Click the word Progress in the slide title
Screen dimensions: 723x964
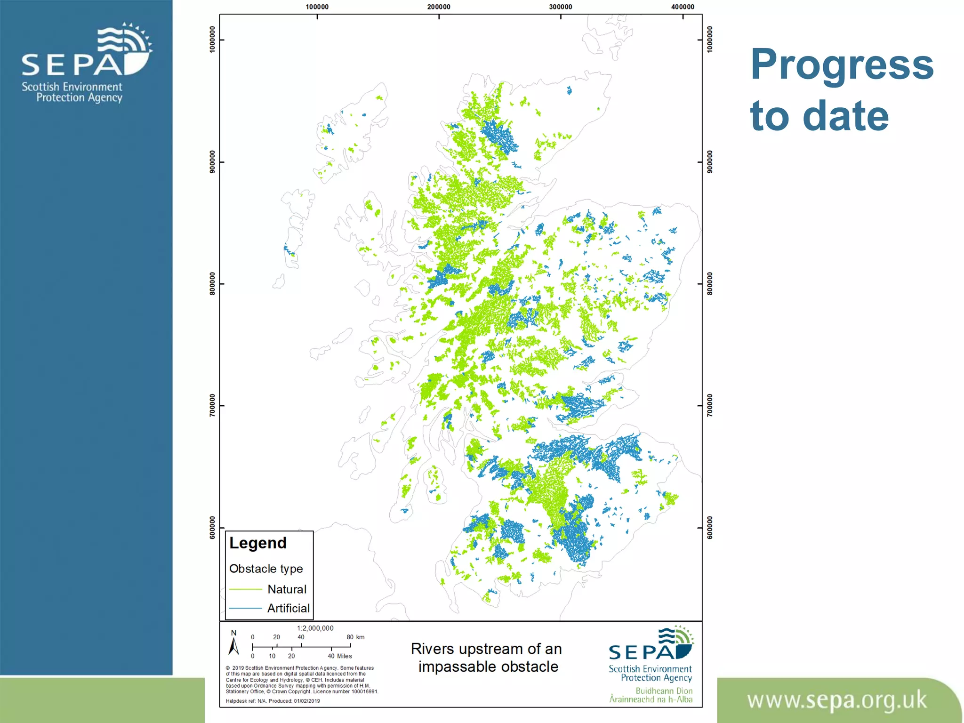842,65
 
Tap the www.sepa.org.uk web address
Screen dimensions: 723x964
836,700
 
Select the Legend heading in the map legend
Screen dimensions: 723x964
257,543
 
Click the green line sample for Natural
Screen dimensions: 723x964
245,589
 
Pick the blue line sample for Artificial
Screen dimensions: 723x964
245,608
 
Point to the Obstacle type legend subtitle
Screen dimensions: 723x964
266,569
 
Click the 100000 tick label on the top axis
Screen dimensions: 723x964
317,7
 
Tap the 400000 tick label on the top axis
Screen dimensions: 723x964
683,7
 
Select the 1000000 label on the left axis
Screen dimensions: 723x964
212,40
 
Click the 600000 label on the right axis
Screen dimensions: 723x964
710,528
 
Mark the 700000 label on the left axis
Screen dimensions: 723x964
212,405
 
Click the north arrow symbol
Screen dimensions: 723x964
233,644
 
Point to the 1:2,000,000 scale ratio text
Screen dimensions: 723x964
315,628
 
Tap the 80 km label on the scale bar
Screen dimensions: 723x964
355,637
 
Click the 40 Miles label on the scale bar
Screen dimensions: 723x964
340,656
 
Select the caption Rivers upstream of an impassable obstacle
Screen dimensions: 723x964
486,658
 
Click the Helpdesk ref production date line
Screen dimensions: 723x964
273,701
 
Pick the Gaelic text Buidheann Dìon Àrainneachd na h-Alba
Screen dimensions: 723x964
651,695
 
